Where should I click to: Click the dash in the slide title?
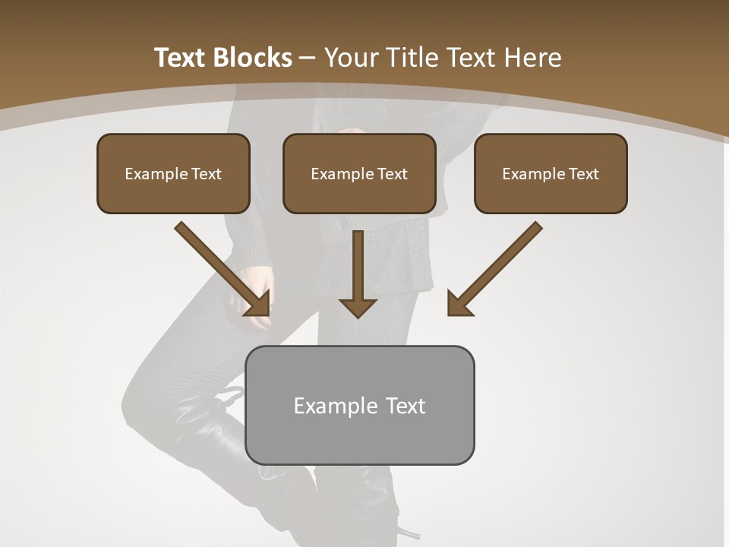308,58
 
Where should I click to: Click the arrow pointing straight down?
358,273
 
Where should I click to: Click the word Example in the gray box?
330,406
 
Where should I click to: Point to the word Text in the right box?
583,174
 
